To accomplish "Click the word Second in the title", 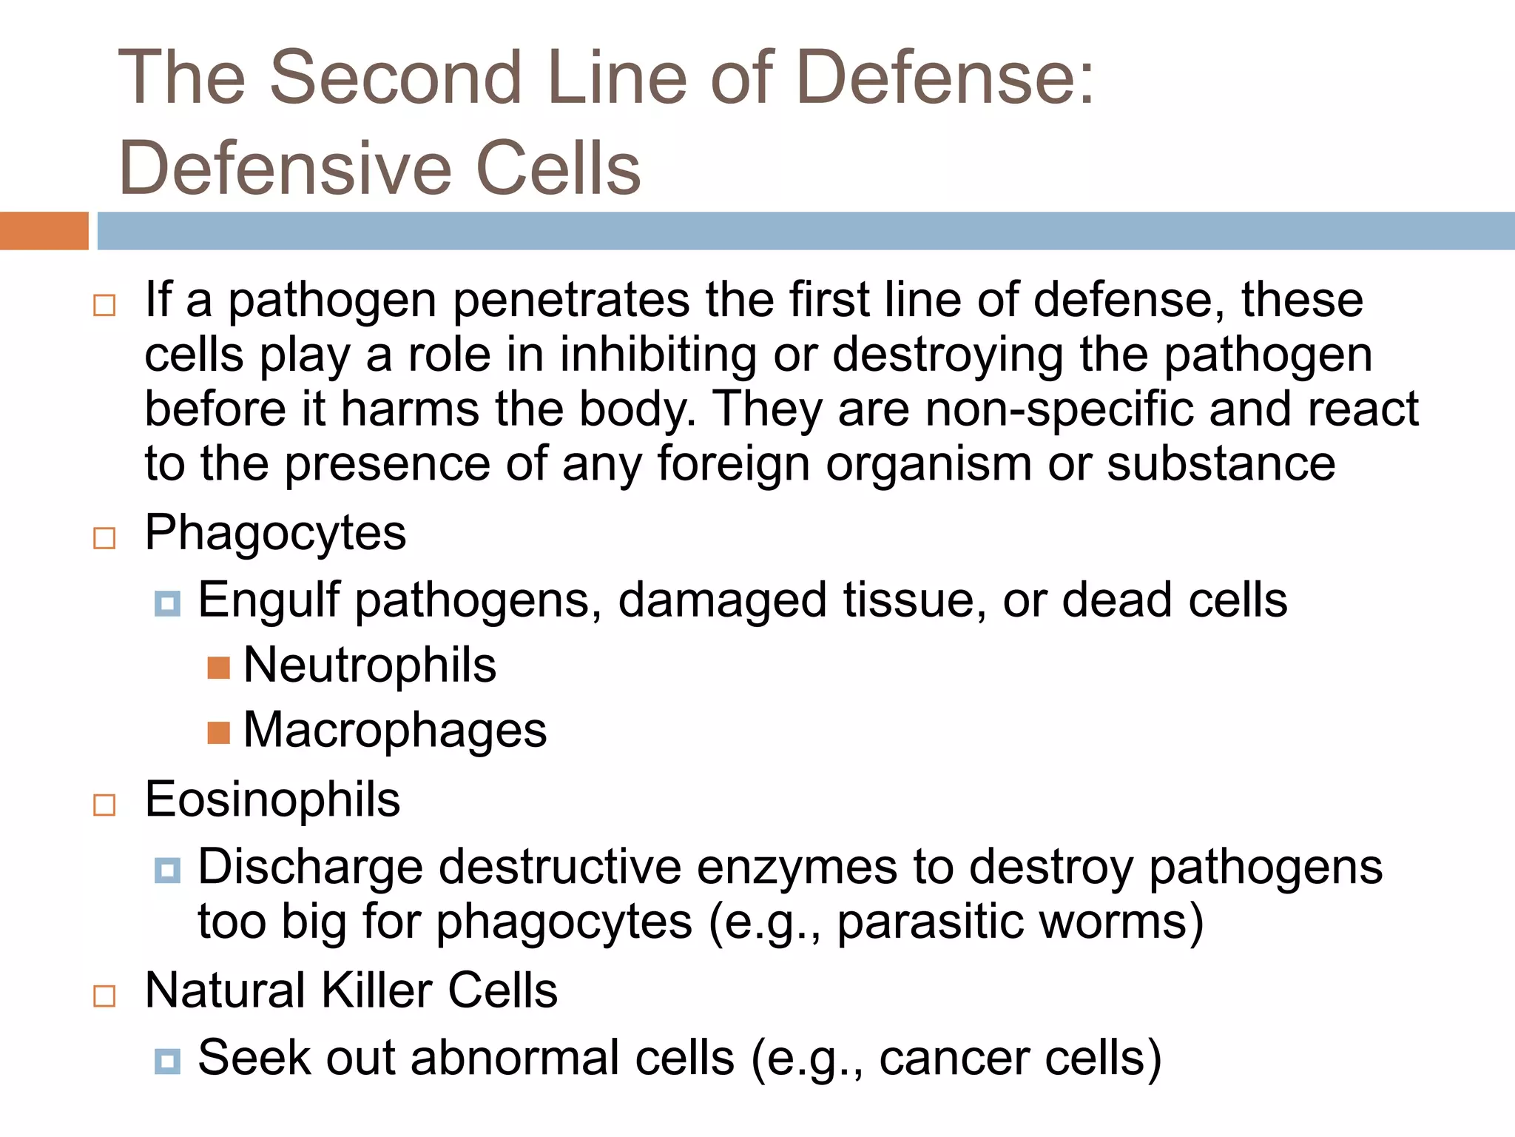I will (396, 77).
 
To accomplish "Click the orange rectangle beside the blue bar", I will (44, 231).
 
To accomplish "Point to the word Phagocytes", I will (275, 533).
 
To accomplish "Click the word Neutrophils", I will (369, 665).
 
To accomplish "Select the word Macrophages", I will (394, 731).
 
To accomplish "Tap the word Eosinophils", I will (272, 800).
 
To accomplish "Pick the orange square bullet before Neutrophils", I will (218, 668).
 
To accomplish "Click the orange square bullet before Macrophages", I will (218, 733).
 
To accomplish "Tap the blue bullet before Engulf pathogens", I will (167, 603).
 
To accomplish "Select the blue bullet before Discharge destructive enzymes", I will (167, 870).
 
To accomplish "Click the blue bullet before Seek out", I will (167, 1061).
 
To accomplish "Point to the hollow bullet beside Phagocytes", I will (104, 538).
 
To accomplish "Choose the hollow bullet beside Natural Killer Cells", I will (104, 996).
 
